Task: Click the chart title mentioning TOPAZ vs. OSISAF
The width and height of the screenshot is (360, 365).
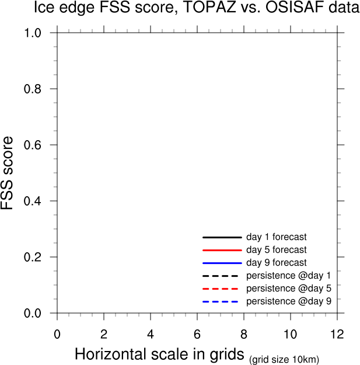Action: (x=188, y=8)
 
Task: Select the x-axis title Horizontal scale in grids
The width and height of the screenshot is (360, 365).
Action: (x=159, y=354)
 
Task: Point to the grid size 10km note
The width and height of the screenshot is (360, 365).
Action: (x=284, y=359)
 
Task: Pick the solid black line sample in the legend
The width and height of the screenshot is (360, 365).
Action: (x=222, y=238)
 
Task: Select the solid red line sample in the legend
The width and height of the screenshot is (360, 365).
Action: (x=222, y=250)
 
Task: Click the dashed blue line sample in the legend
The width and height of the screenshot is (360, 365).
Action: (x=222, y=301)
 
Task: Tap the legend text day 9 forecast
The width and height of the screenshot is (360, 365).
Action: (x=276, y=263)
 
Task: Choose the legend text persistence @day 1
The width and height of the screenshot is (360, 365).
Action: (x=288, y=276)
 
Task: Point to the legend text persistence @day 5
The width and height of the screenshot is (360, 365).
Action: (x=288, y=288)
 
